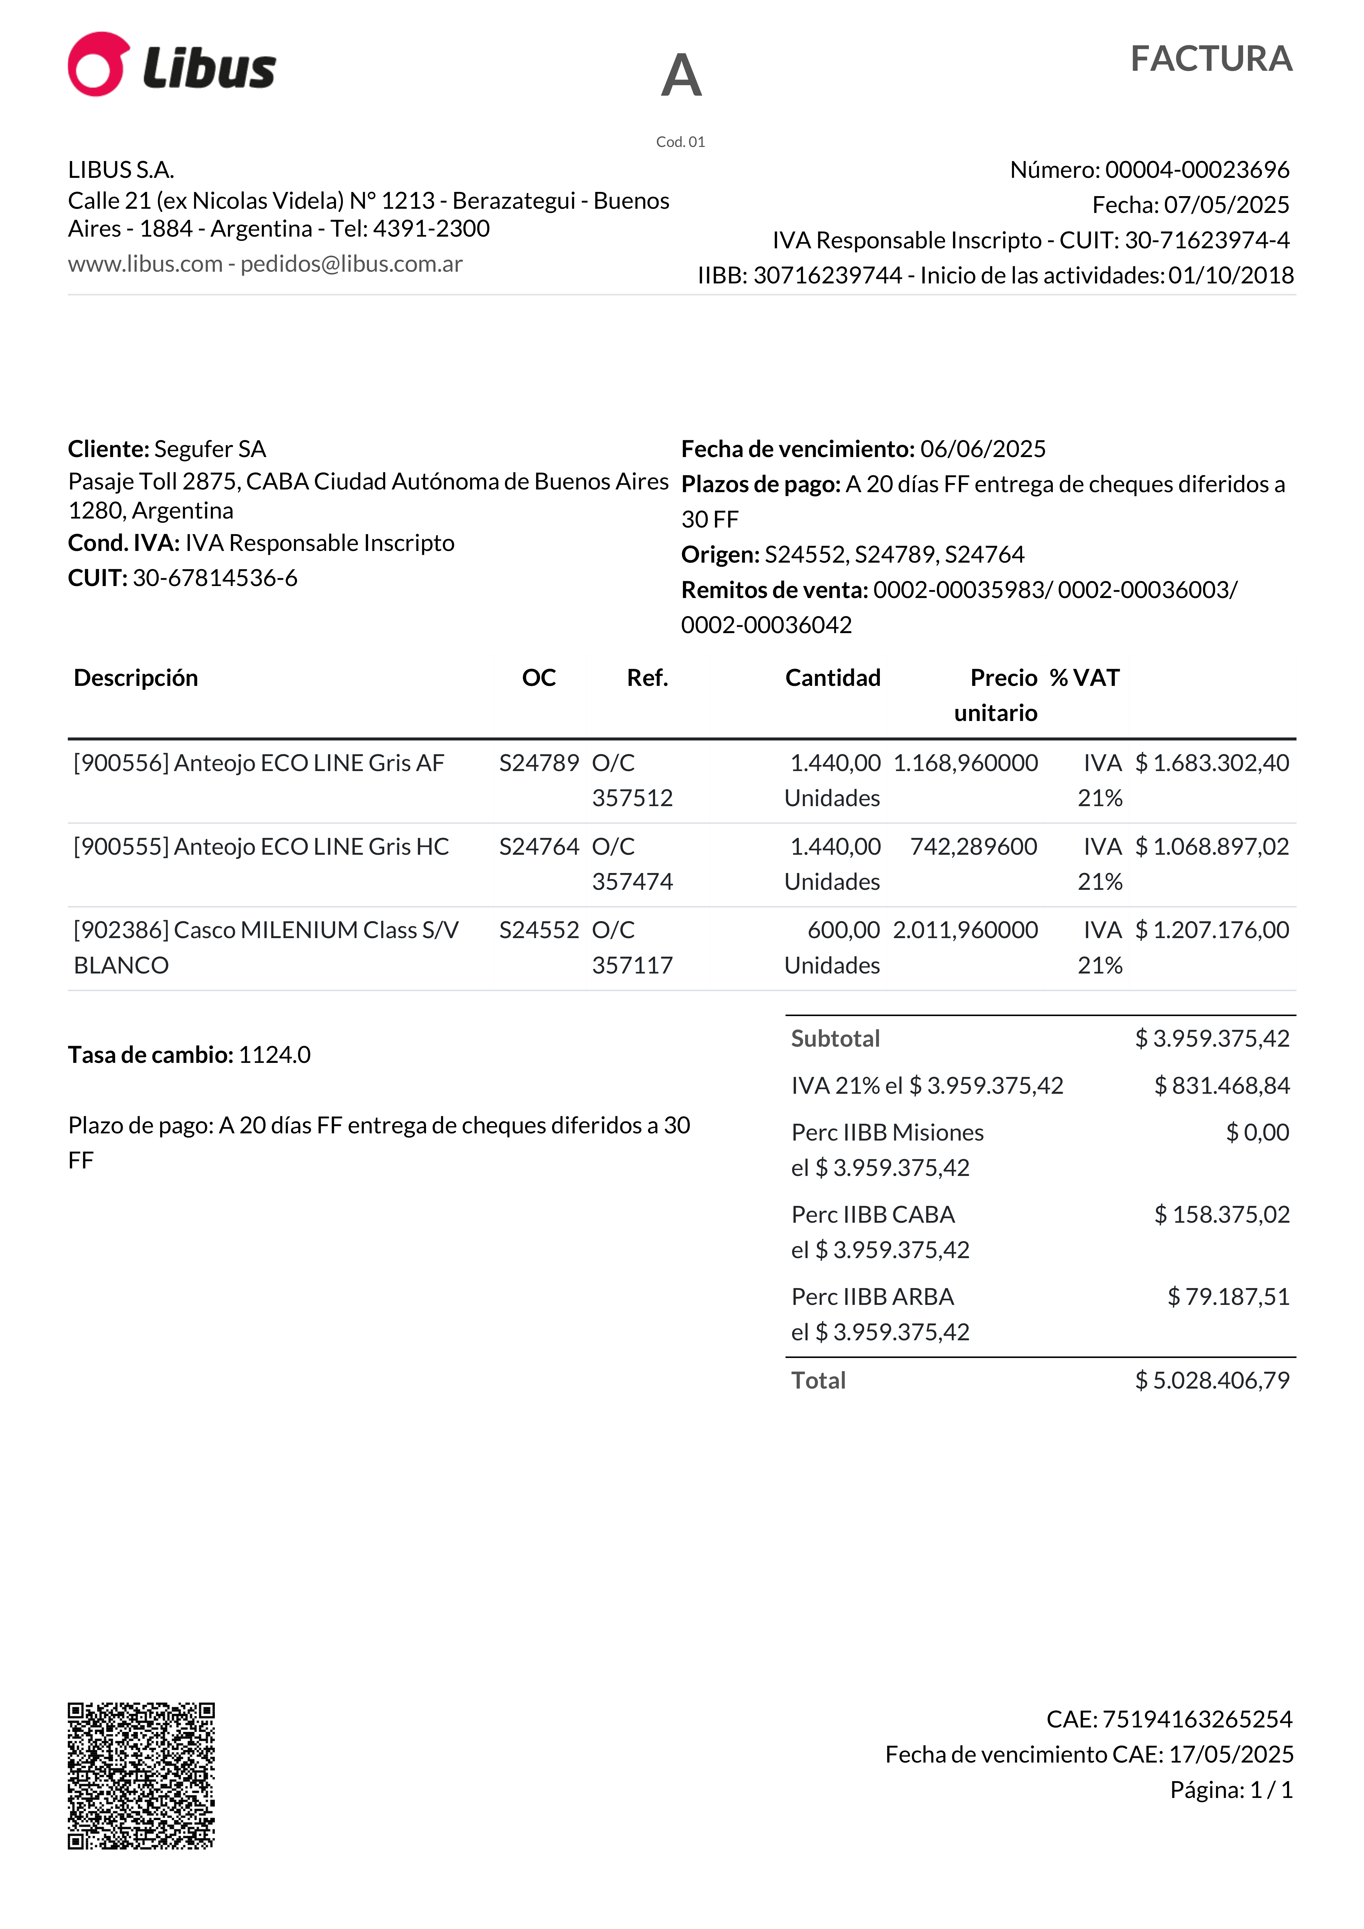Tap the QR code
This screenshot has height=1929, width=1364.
coord(141,1775)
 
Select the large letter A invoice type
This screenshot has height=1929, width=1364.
coord(681,76)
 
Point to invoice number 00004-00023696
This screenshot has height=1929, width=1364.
coord(1197,170)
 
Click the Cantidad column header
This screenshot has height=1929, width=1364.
coord(832,678)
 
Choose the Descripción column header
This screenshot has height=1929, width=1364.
coord(136,678)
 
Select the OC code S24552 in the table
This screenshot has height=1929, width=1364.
coord(539,930)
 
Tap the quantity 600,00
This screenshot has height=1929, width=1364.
coord(843,930)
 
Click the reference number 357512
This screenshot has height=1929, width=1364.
coord(632,798)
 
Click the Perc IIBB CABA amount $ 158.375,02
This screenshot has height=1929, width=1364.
coord(1221,1215)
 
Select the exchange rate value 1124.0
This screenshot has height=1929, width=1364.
coord(274,1055)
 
